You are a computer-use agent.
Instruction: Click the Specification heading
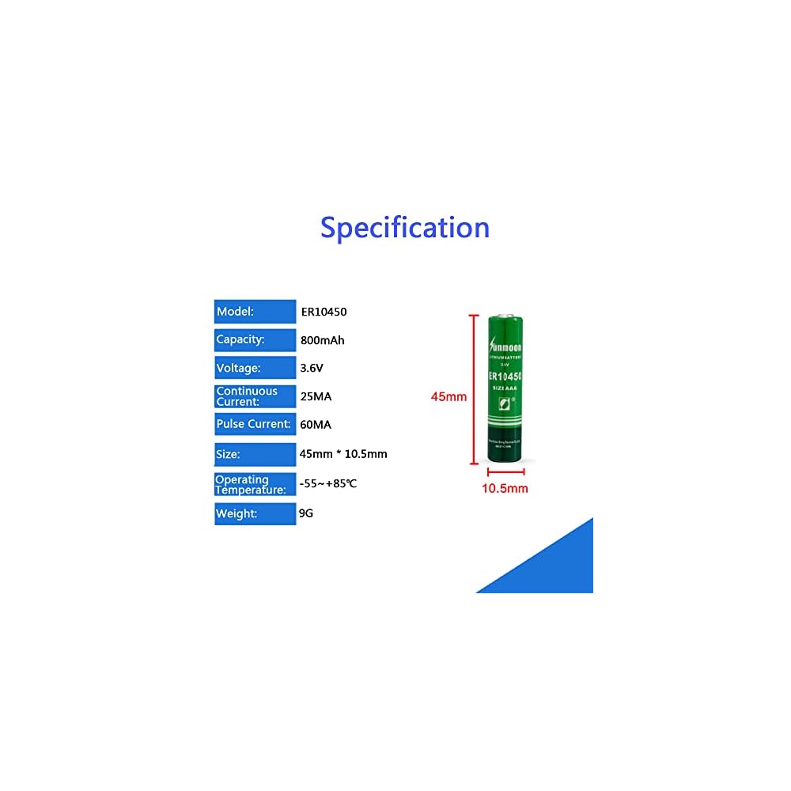click(405, 228)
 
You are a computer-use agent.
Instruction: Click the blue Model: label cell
click(255, 312)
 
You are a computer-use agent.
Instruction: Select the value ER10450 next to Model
click(324, 312)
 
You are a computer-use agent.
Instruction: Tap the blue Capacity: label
click(255, 340)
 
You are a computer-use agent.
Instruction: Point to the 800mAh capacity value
click(323, 341)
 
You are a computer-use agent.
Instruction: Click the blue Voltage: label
click(255, 368)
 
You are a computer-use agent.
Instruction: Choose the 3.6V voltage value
click(313, 368)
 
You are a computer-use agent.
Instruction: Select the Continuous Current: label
click(255, 395)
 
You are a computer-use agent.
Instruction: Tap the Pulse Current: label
click(255, 424)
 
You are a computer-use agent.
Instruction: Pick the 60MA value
click(316, 425)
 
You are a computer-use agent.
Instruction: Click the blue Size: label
click(255, 454)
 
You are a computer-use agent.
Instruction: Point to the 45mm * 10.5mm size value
click(344, 454)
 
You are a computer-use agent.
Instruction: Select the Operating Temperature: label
click(255, 484)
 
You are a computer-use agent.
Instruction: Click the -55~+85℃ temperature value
click(328, 483)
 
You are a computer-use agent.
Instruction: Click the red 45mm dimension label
click(448, 396)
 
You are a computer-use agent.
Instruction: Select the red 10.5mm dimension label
click(505, 488)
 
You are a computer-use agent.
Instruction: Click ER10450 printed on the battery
click(505, 377)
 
